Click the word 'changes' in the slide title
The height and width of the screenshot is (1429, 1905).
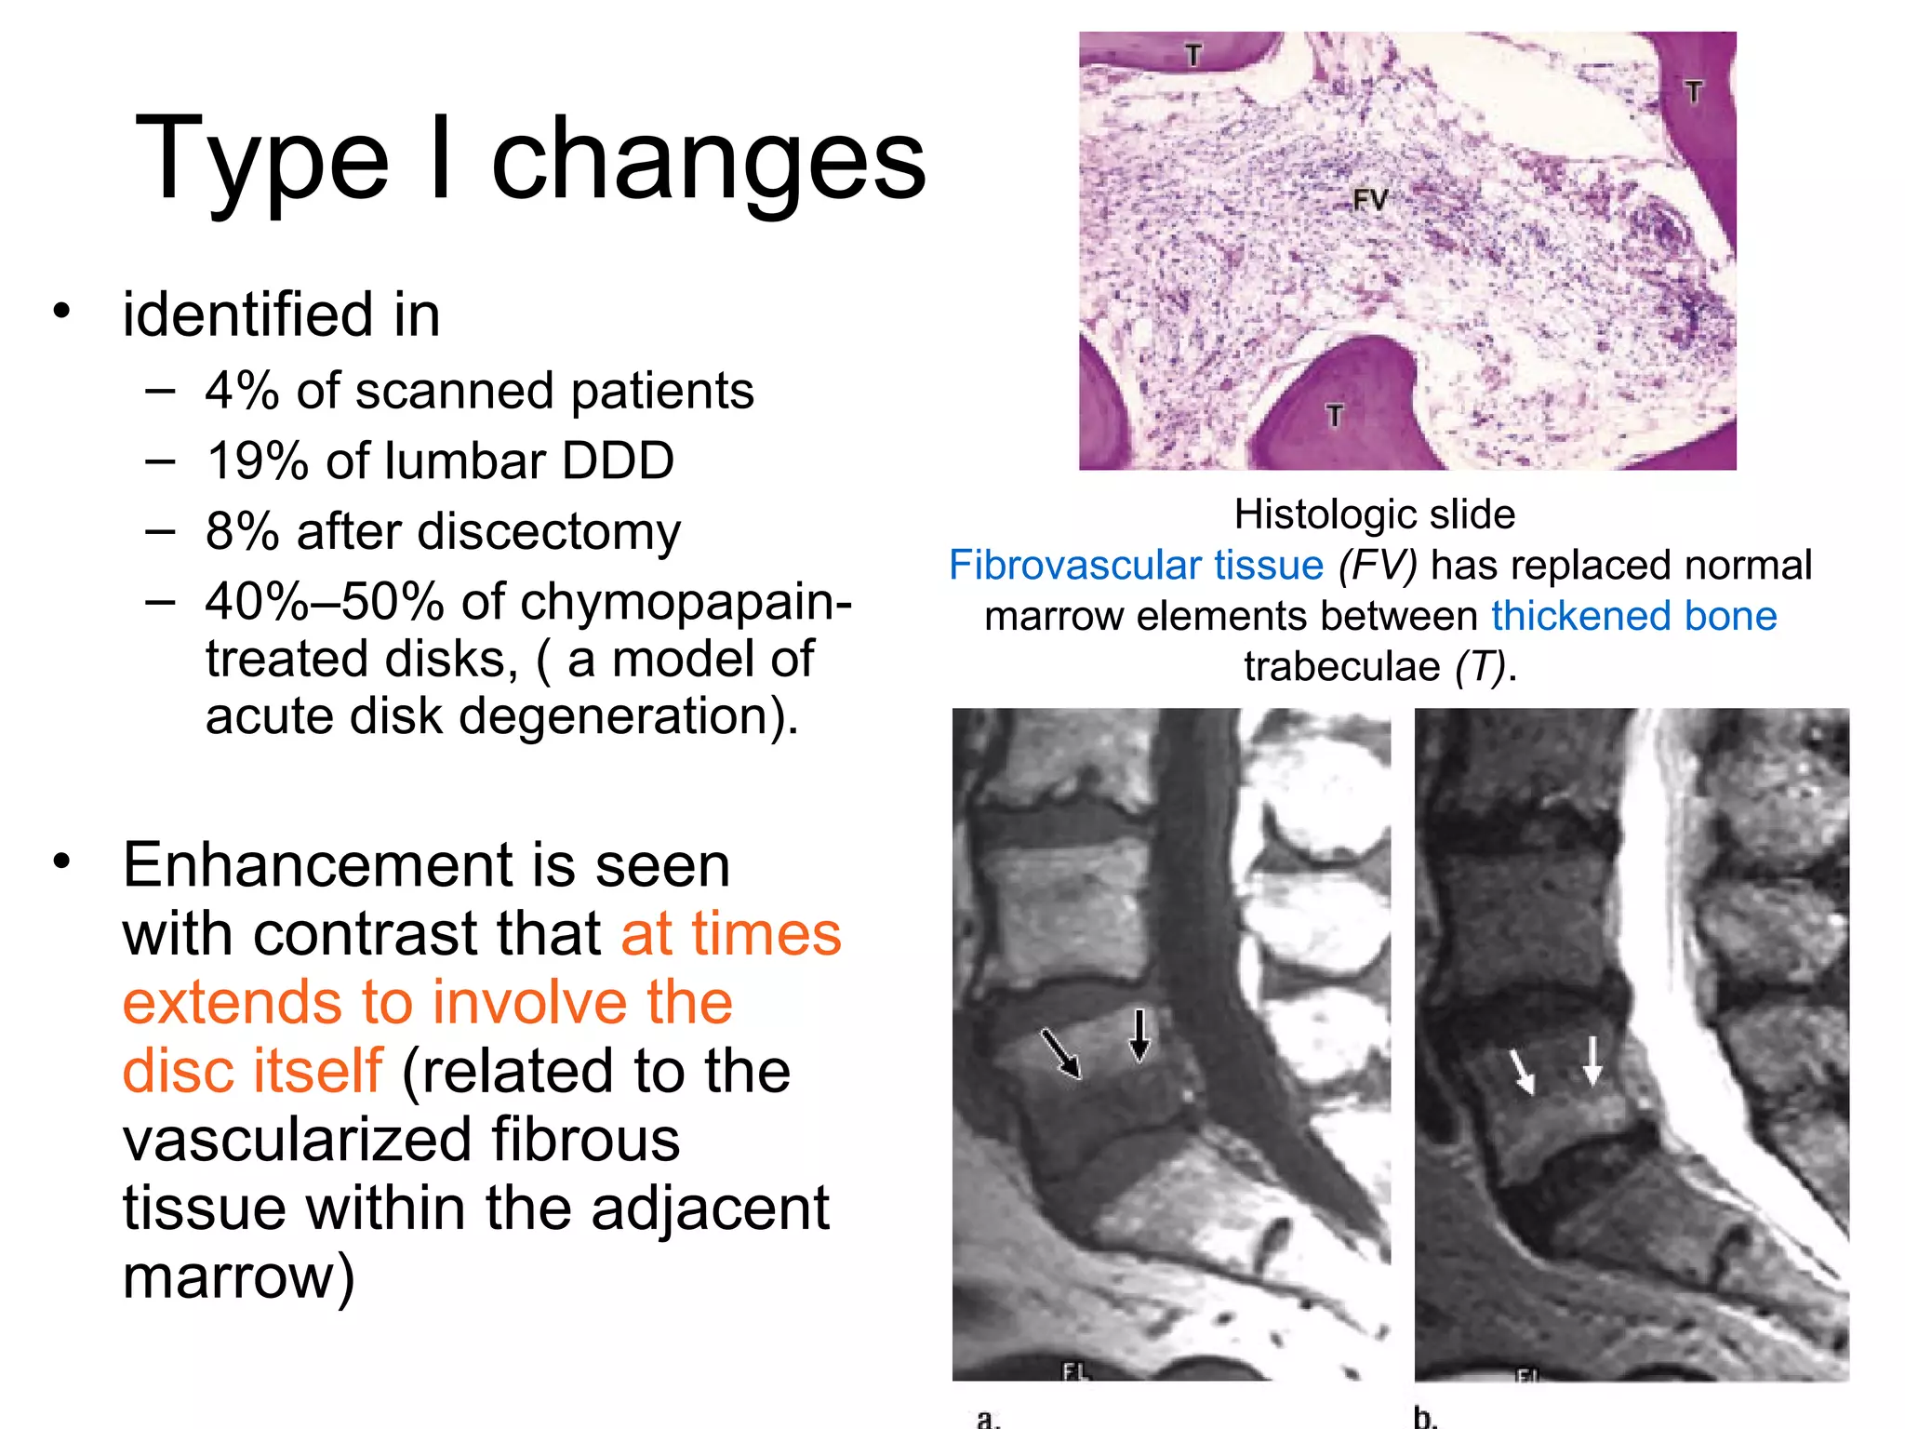coord(709,160)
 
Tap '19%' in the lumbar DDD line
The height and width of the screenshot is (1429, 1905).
coord(257,461)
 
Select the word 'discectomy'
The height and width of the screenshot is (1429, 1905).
coord(549,532)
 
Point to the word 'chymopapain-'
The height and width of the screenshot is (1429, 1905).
coord(686,602)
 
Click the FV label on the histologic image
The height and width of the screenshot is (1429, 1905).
coord(1369,199)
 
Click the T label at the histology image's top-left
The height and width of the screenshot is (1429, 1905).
coord(1193,56)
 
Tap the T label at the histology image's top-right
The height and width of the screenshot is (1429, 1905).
coord(1693,91)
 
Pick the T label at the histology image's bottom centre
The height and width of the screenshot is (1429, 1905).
coord(1335,415)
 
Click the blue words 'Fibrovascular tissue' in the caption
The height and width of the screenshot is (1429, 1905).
coord(1136,566)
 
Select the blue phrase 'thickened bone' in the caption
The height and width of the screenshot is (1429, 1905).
coord(1634,616)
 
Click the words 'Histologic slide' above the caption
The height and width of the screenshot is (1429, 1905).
coord(1374,514)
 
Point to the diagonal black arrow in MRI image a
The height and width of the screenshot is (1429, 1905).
coord(1061,1053)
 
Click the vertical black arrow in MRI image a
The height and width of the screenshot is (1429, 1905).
coord(1139,1035)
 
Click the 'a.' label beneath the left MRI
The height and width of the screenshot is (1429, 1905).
coord(988,1418)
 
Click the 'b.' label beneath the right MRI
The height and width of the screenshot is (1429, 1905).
coord(1425,1417)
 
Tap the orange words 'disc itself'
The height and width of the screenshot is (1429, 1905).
coord(252,1070)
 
